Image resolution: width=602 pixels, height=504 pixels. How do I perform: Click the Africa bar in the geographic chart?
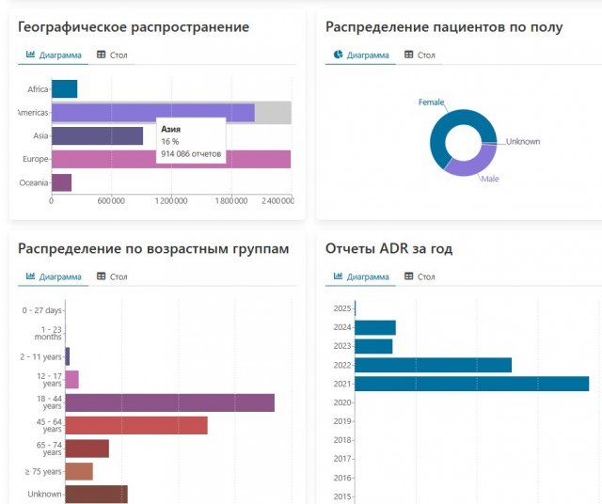64,89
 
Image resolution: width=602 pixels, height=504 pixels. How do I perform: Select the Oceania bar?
61,182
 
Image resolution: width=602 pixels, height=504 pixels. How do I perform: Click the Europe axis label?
36,160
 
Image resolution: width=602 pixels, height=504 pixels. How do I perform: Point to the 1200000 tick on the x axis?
171,200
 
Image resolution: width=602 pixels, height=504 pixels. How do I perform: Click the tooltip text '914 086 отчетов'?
191,153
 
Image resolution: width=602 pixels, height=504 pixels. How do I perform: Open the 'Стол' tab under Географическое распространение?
112,55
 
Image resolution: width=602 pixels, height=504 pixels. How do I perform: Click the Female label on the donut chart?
431,102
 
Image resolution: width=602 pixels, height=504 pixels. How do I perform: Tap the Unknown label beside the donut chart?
523,141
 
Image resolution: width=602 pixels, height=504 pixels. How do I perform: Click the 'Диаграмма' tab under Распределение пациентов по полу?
361,55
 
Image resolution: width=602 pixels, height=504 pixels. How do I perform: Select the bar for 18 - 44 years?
169,402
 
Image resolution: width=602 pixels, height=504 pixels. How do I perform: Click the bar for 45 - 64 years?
136,425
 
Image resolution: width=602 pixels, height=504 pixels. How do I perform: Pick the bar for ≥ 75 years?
79,471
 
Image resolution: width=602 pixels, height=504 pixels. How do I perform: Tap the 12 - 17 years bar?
72,379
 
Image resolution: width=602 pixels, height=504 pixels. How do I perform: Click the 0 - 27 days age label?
42,310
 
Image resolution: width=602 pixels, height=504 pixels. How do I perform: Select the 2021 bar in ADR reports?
471,384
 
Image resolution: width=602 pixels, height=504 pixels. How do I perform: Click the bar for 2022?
433,365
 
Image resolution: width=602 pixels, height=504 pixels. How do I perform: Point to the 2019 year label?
342,421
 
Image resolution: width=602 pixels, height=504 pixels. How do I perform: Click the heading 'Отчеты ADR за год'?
388,248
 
